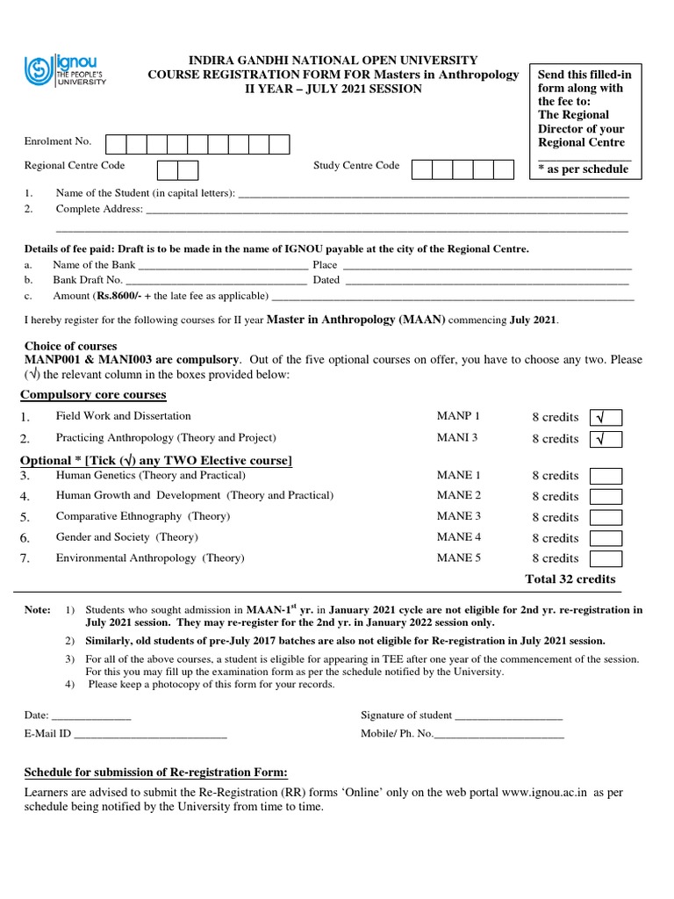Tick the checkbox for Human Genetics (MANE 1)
[x=606, y=476]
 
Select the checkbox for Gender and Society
[x=606, y=538]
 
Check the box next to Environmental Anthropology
[x=606, y=558]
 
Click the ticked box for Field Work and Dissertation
[x=606, y=417]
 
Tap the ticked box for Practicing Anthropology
[x=606, y=439]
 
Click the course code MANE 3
[x=458, y=516]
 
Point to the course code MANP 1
[x=458, y=416]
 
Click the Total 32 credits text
[x=570, y=579]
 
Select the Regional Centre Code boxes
[x=178, y=169]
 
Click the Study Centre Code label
[x=356, y=165]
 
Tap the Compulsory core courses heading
[x=95, y=395]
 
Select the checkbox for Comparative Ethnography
[x=606, y=517]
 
